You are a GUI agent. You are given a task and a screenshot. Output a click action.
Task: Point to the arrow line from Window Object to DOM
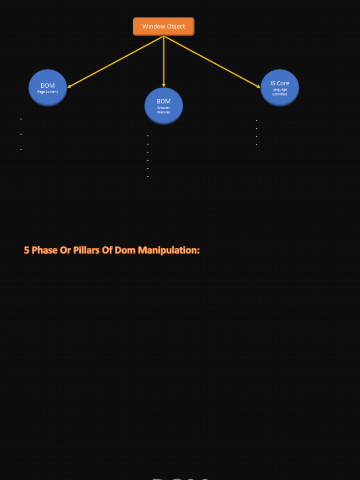(x=115, y=62)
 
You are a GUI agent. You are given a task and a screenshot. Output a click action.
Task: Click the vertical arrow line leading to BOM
(x=164, y=61)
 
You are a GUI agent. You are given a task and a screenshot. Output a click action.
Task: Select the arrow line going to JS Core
(x=212, y=62)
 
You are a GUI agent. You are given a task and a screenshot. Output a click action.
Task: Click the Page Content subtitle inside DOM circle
(x=48, y=92)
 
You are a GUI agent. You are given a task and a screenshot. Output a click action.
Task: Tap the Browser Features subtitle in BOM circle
(x=164, y=110)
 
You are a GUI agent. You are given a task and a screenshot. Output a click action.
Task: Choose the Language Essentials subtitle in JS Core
(x=280, y=92)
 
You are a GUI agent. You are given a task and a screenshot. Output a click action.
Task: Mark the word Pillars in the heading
(x=87, y=250)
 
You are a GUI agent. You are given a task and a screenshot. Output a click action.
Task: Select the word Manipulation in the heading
(x=168, y=250)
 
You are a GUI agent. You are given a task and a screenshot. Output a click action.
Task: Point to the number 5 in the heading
(x=27, y=250)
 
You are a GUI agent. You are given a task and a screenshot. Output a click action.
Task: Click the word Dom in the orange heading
(x=125, y=250)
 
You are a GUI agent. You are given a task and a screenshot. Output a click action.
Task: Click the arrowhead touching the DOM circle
(x=69, y=87)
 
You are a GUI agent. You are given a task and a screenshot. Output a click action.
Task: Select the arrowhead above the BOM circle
(x=164, y=85)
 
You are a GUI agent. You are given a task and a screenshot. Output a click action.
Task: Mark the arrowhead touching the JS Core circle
(x=258, y=86)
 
